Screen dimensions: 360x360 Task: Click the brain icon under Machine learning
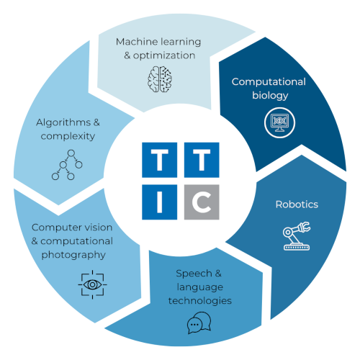[x=160, y=79]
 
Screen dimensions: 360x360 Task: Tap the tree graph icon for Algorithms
[x=67, y=165]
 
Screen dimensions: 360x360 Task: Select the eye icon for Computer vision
[x=93, y=284]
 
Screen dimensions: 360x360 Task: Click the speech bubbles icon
[x=199, y=323]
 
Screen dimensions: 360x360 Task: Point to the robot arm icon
[x=297, y=236]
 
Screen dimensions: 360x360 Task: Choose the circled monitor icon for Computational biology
[x=279, y=122]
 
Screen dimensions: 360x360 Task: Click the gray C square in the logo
[x=202, y=202]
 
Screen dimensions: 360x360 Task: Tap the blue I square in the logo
[x=160, y=202]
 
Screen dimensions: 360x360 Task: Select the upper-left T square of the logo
[x=160, y=160]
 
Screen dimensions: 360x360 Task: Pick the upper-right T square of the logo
[x=202, y=160]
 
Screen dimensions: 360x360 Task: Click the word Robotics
[x=297, y=204]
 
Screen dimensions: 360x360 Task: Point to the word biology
[x=270, y=96]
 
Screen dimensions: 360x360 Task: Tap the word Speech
[x=194, y=274]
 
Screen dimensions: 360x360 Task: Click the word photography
[x=73, y=255]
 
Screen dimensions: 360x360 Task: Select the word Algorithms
[x=63, y=123]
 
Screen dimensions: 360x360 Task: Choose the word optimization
[x=164, y=56]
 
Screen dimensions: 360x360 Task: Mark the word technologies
[x=200, y=301]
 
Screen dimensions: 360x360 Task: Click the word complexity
[x=68, y=137]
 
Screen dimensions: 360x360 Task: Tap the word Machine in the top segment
[x=136, y=42]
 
